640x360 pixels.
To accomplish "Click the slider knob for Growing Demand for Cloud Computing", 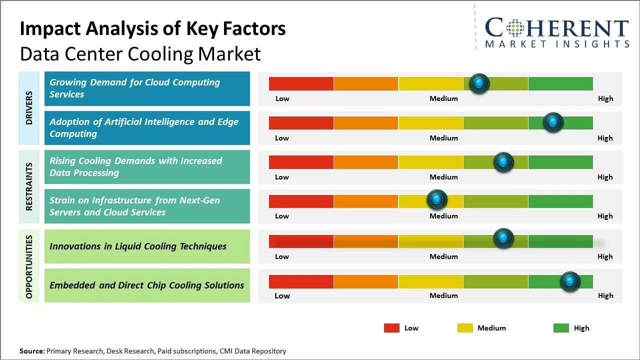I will pyautogui.click(x=479, y=83).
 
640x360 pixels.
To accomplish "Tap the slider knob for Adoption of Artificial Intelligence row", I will pyautogui.click(x=553, y=122).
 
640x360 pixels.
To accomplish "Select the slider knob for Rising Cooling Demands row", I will pyautogui.click(x=503, y=162).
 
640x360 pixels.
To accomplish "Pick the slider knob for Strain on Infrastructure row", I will pyautogui.click(x=437, y=200).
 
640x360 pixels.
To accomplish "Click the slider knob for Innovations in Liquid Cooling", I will pyautogui.click(x=503, y=238).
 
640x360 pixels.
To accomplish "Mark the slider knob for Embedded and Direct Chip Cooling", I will pyautogui.click(x=569, y=281).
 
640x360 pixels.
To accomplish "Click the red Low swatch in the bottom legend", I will pyautogui.click(x=391, y=328).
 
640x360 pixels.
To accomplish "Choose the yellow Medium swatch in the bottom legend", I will pyautogui.click(x=465, y=328).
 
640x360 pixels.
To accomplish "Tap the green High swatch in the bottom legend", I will pyautogui.click(x=561, y=328).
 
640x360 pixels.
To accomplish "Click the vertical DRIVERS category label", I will pyautogui.click(x=29, y=108).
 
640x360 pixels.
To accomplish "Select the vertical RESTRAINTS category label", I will pyautogui.click(x=29, y=186).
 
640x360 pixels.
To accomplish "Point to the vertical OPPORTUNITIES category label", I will pyautogui.click(x=29, y=266).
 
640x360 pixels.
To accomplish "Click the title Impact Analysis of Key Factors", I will pyautogui.click(x=152, y=29).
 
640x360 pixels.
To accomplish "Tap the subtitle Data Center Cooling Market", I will pyautogui.click(x=140, y=53).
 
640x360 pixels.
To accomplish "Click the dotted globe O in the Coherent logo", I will pyautogui.click(x=515, y=28).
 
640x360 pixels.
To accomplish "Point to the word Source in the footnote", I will pyautogui.click(x=31, y=351).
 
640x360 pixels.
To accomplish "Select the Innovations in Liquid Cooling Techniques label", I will pyautogui.click(x=138, y=246).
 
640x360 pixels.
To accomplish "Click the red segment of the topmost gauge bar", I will pyautogui.click(x=301, y=83).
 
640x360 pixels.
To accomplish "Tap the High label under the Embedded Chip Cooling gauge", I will pyautogui.click(x=605, y=295).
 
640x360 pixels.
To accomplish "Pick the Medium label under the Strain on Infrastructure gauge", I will pyautogui.click(x=443, y=216).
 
